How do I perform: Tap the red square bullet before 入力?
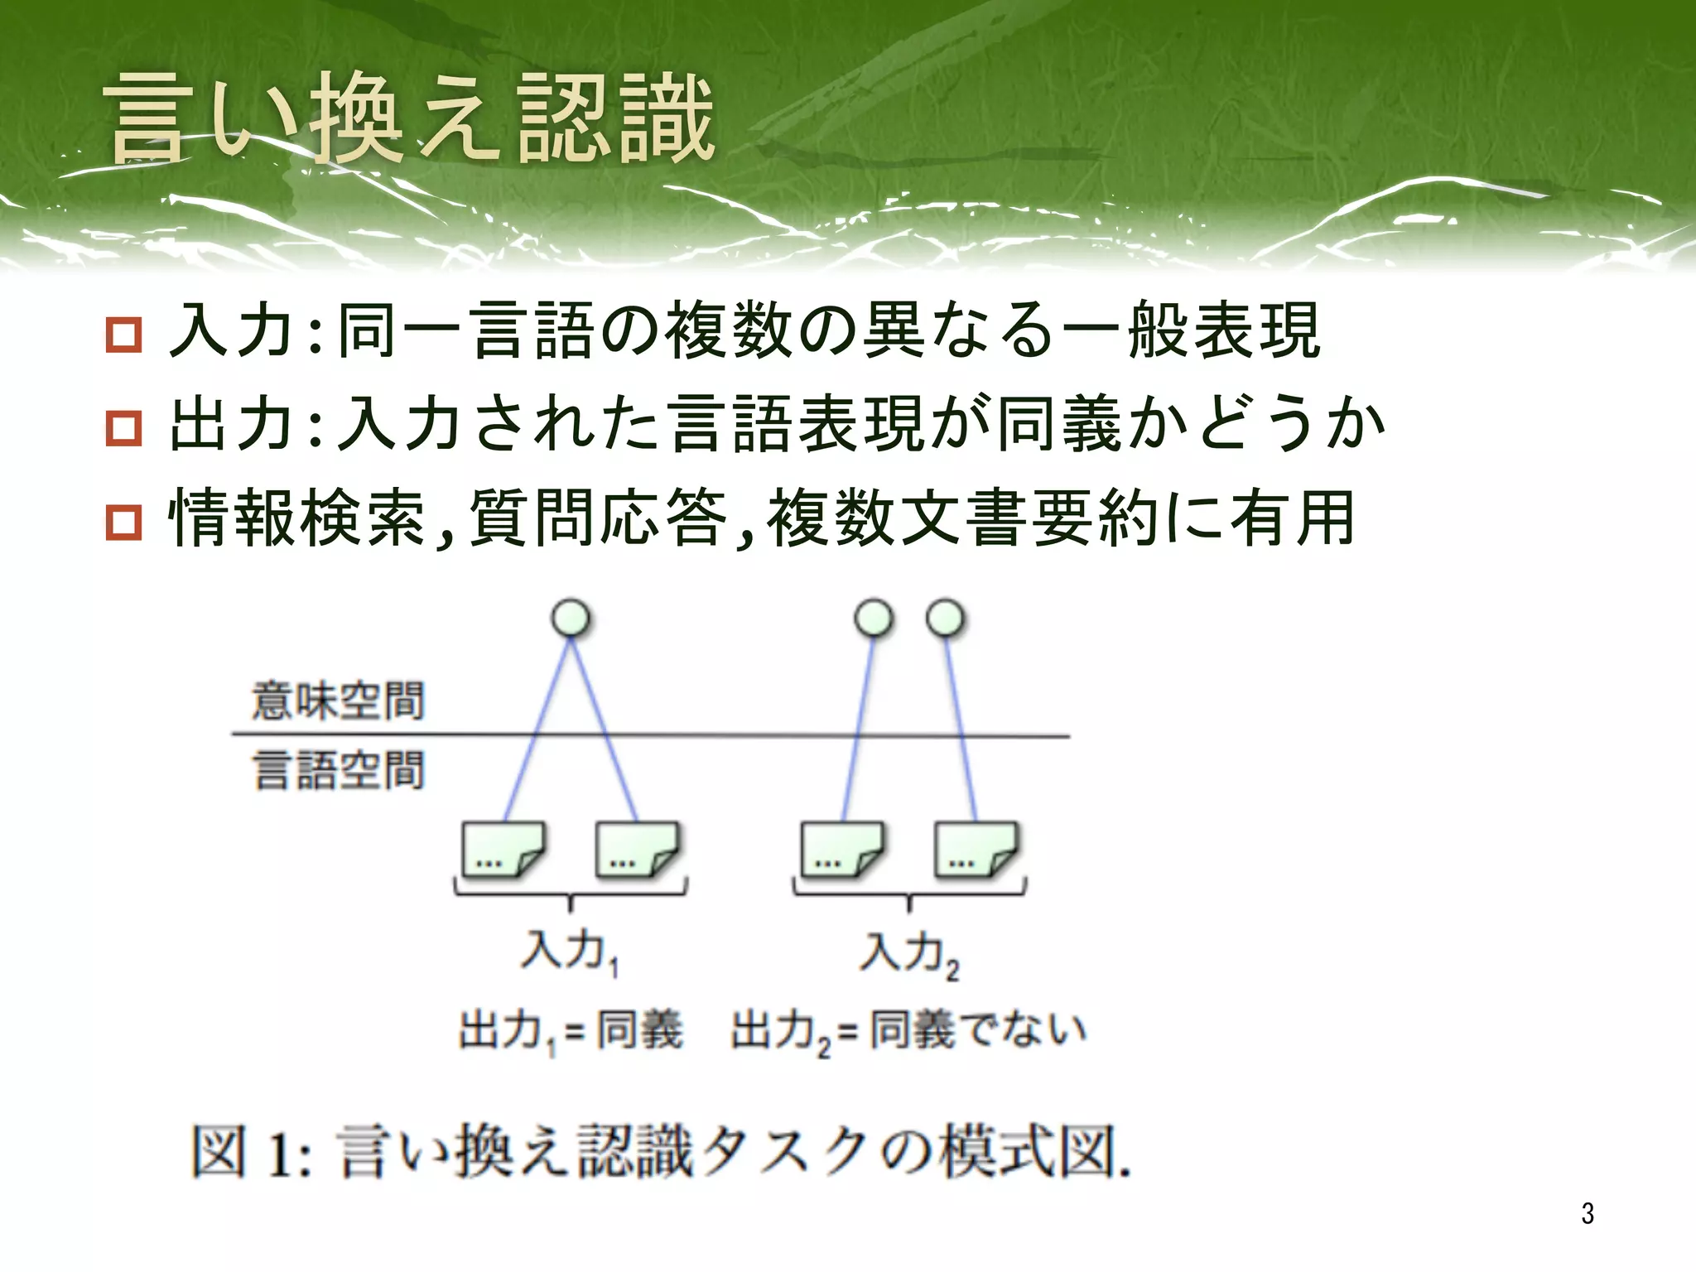(124, 335)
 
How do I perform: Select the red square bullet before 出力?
(124, 428)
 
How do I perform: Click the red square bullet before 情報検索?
(124, 523)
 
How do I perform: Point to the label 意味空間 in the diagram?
(338, 701)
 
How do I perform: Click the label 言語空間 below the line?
(338, 770)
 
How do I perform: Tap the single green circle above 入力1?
(571, 619)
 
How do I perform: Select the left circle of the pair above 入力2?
(874, 619)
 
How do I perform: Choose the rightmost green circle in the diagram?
(946, 619)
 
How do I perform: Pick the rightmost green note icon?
(976, 850)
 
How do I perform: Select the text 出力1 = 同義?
(571, 1031)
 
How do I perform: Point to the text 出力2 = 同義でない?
(908, 1031)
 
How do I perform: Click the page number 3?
(1587, 1213)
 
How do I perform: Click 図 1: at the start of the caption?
(252, 1152)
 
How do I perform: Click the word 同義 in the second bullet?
(1058, 425)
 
